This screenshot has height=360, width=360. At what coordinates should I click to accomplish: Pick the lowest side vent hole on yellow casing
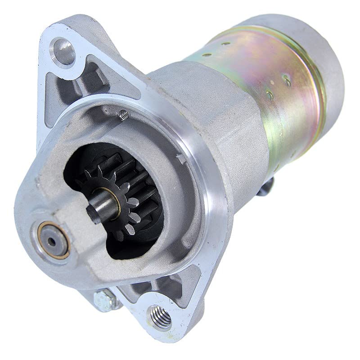[269, 95]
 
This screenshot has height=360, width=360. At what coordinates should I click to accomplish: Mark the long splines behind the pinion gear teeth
[139, 180]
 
